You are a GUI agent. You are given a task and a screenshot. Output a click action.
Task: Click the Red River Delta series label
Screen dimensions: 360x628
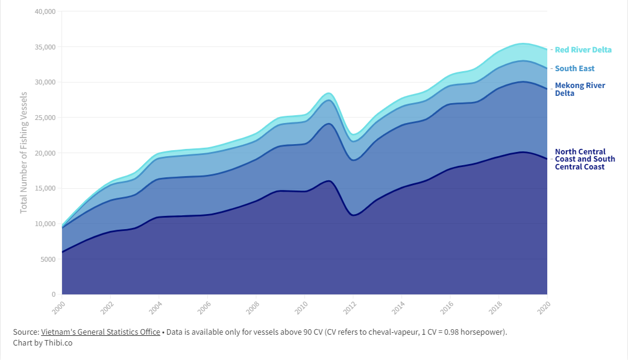[583, 50]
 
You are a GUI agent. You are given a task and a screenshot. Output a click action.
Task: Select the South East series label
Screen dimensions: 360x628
[574, 69]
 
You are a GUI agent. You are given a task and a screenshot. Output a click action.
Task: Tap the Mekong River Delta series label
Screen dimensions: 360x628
[580, 89]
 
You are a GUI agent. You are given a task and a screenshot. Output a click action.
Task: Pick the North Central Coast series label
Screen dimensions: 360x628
[585, 159]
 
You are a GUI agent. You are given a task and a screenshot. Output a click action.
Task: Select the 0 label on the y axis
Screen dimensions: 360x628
[53, 294]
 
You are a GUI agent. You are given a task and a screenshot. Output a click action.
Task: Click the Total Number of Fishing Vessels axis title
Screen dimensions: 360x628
[24, 153]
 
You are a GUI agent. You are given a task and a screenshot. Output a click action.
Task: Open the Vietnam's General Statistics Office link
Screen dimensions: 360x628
[101, 332]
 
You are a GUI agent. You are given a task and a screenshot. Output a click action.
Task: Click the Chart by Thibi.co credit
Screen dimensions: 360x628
[43, 343]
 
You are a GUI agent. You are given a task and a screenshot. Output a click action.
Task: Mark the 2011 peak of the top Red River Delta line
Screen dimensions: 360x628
[328, 93]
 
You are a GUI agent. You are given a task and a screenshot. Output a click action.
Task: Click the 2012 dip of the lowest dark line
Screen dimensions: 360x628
[354, 215]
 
